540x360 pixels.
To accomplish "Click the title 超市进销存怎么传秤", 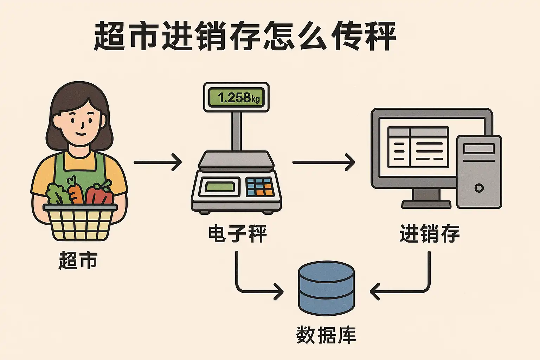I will (x=245, y=36).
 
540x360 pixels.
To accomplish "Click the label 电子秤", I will (x=238, y=234).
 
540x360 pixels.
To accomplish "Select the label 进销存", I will (x=430, y=234).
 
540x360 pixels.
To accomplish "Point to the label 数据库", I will (x=326, y=335).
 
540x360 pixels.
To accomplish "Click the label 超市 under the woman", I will (x=78, y=261).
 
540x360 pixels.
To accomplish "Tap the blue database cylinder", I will (x=326, y=288).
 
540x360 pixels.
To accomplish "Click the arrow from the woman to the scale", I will (x=158, y=162).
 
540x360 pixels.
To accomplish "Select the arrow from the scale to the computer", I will (x=323, y=162).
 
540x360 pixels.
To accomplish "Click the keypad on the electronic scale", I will (x=260, y=187).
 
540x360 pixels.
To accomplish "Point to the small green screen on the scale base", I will (x=219, y=187).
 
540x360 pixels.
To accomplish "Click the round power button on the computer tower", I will (x=479, y=188).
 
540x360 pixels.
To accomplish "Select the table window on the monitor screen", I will (x=418, y=147).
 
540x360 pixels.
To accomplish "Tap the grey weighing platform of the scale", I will (x=236, y=160).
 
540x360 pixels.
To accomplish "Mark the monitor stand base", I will (x=426, y=204).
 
